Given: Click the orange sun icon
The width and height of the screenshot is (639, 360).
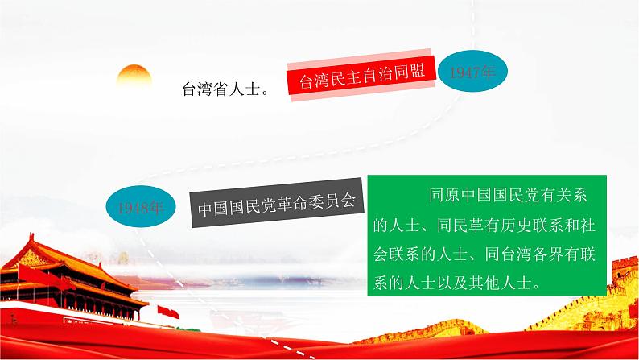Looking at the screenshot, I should coord(134,78).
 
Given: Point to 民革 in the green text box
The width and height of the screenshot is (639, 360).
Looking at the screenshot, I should coord(468,225).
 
